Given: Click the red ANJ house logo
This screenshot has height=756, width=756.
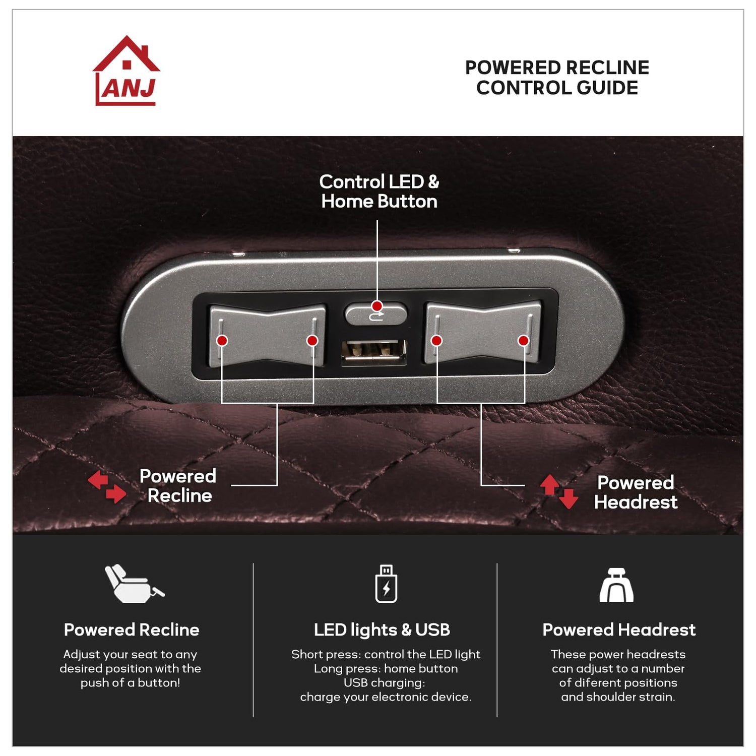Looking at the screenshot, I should [127, 72].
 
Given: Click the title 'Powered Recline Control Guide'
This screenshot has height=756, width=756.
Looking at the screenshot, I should [557, 78].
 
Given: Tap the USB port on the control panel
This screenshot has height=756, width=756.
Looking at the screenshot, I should [374, 351].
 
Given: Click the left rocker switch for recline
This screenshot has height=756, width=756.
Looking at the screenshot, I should [267, 335].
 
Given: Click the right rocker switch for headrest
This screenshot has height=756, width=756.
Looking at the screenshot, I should [483, 332].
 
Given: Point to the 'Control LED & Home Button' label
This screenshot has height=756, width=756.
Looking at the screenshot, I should [379, 192].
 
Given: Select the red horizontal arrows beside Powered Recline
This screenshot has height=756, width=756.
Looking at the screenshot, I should [107, 487].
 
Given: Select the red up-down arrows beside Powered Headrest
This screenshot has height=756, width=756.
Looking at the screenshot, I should [559, 491].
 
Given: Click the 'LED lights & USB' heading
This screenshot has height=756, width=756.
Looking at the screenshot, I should [382, 630].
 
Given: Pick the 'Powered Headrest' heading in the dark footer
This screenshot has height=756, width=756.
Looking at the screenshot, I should [618, 630].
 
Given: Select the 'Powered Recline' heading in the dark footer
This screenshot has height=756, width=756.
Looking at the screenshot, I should [132, 630].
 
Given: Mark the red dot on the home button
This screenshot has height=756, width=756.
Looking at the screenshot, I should [377, 306].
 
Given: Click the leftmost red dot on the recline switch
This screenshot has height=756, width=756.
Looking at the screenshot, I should [222, 341].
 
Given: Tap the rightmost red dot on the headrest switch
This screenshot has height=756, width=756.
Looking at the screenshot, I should [523, 341].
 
